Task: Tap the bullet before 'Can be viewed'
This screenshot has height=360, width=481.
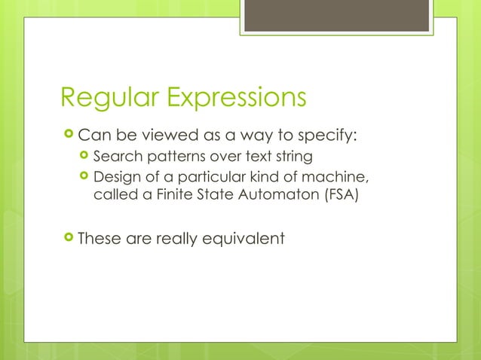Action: click(x=69, y=136)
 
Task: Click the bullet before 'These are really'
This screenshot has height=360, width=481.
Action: click(x=69, y=239)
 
